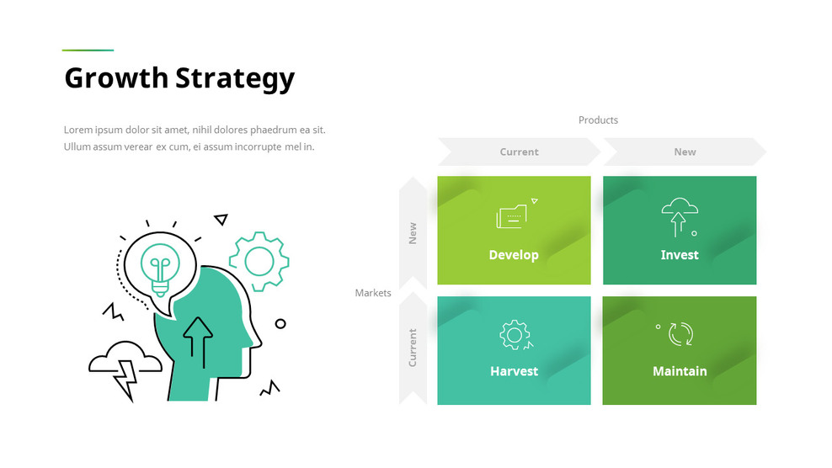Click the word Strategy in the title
click(235, 78)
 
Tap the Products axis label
click(598, 120)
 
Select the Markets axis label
click(373, 293)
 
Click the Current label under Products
click(519, 152)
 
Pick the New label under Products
click(685, 152)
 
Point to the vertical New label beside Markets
click(413, 233)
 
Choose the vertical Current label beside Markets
click(413, 348)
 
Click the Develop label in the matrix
click(514, 255)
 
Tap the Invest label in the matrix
click(680, 255)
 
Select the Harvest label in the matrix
click(514, 371)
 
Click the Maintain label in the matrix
click(680, 371)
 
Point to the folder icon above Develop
click(512, 216)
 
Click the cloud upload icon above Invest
click(678, 216)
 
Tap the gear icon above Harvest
click(514, 334)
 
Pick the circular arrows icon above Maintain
click(680, 334)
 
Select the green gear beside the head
click(259, 262)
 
